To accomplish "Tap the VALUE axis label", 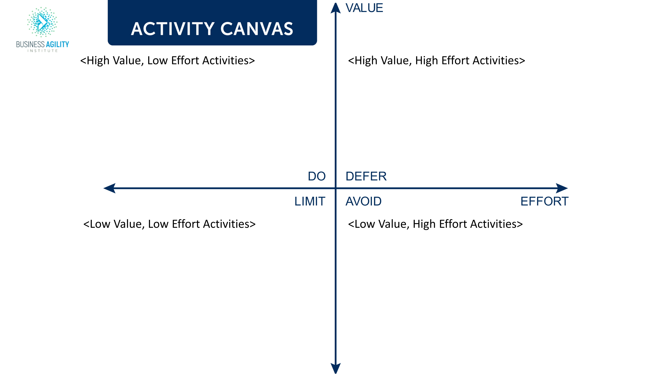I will pyautogui.click(x=364, y=8).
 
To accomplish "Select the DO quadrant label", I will pyautogui.click(x=317, y=176).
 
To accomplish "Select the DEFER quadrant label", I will pyautogui.click(x=366, y=176).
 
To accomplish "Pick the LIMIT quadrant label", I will pyautogui.click(x=310, y=201).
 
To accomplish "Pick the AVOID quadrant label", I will pyautogui.click(x=363, y=201).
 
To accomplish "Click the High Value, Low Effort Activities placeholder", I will pyautogui.click(x=167, y=60).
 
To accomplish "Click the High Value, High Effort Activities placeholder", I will pyautogui.click(x=436, y=60).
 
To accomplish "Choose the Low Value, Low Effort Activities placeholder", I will pyautogui.click(x=169, y=224).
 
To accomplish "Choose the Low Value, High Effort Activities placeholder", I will pyautogui.click(x=435, y=224).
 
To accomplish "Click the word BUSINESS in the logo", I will pyautogui.click(x=30, y=44).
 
